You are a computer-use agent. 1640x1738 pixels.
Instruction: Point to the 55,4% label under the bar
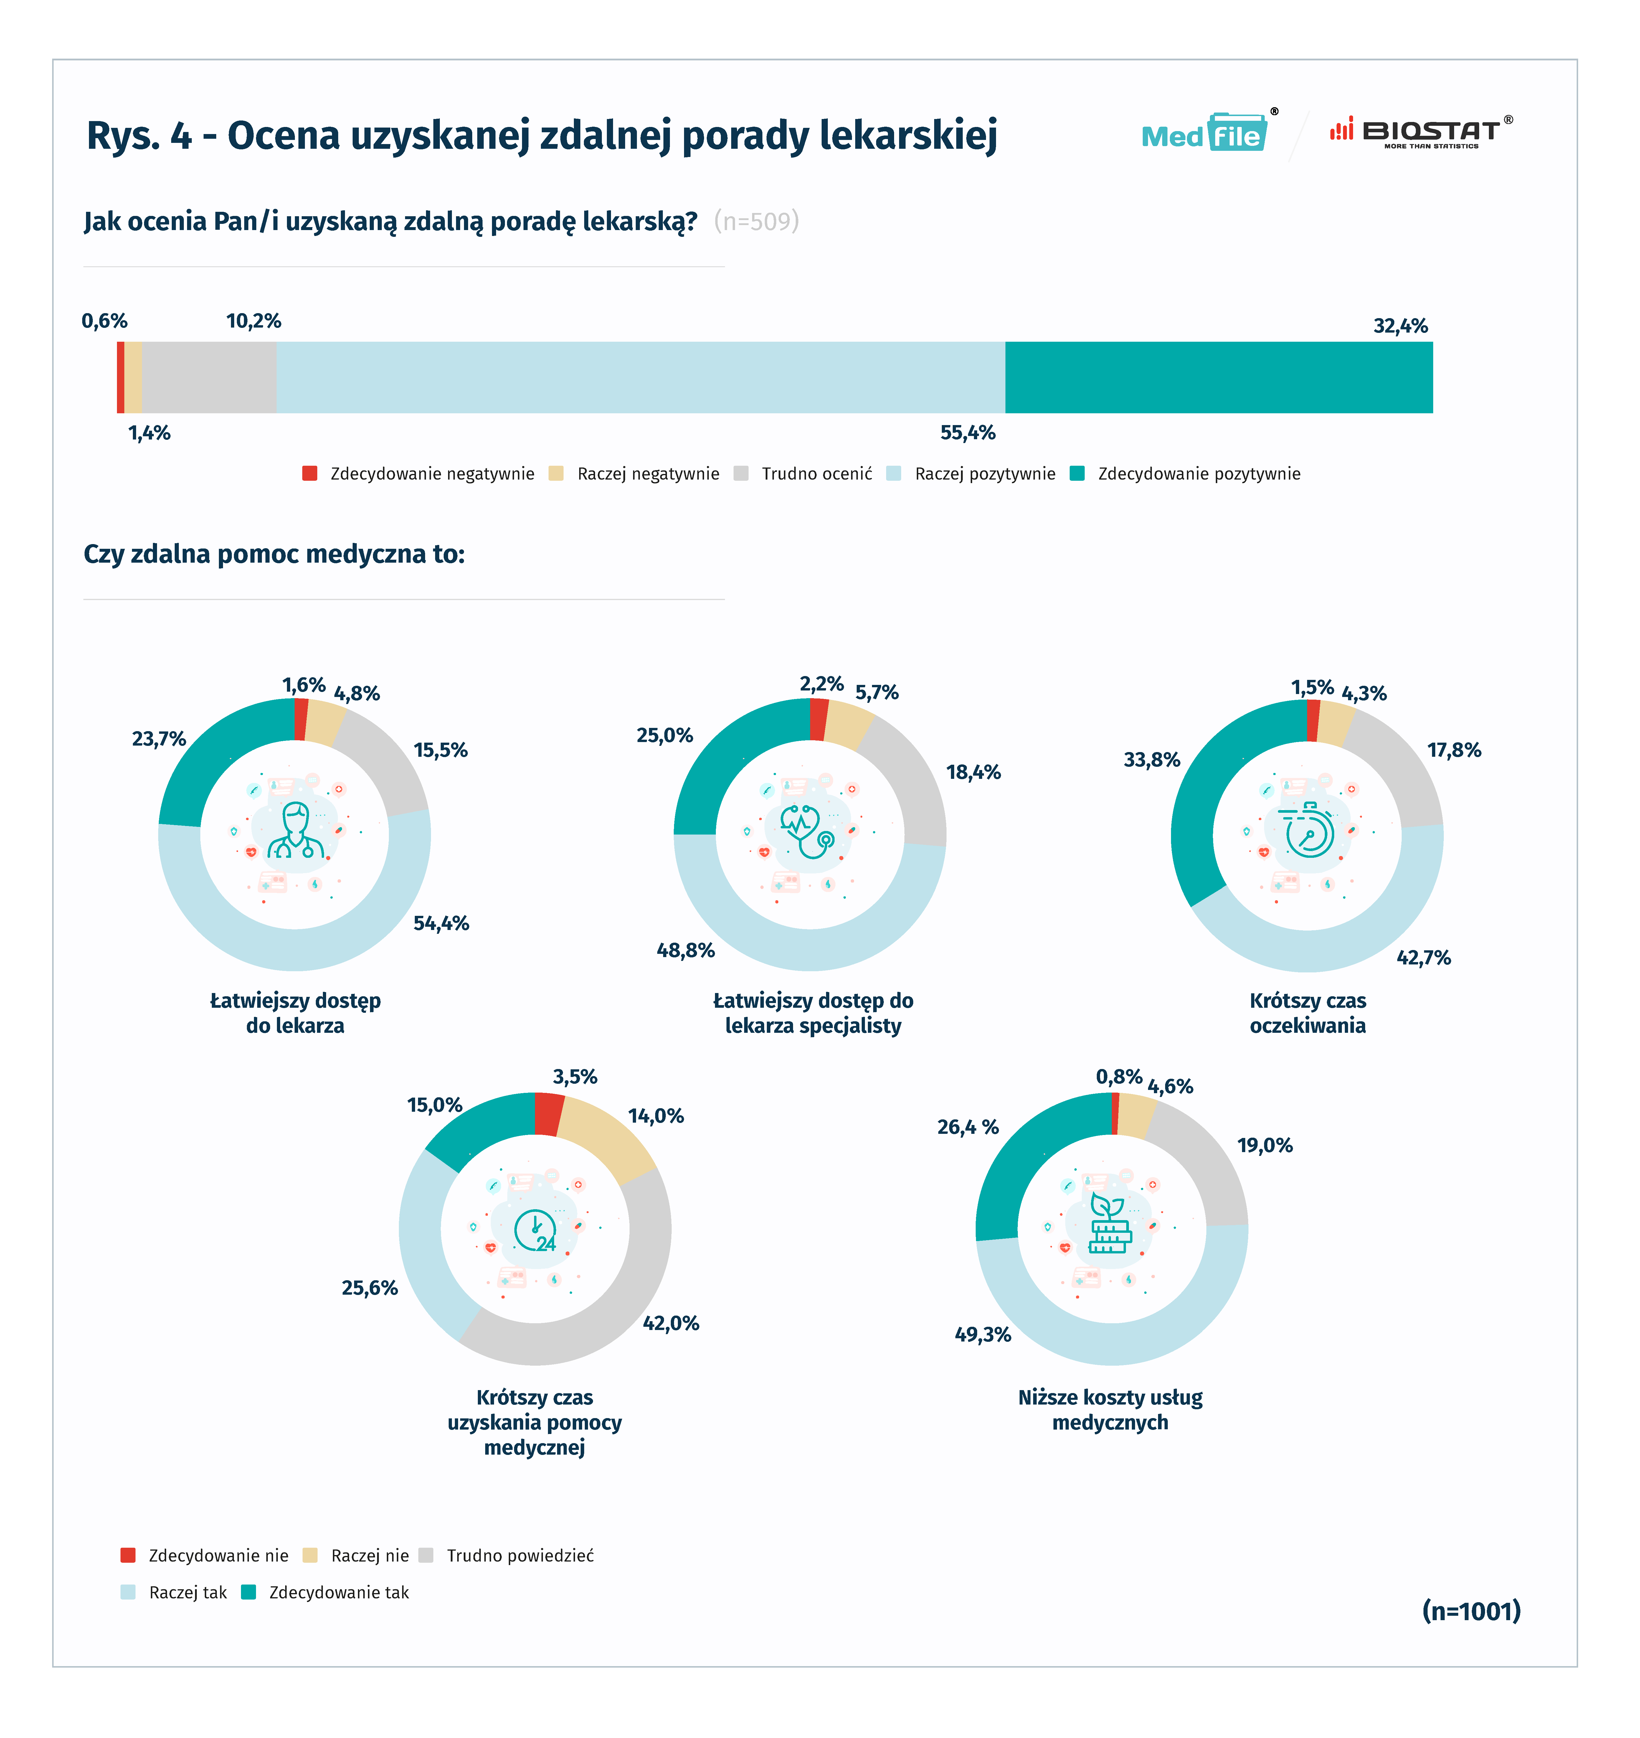[968, 433]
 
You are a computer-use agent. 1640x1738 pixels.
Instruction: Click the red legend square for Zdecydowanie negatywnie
[309, 474]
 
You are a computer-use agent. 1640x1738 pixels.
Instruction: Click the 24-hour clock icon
[535, 1230]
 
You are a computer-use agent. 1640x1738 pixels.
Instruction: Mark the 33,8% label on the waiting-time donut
[1151, 760]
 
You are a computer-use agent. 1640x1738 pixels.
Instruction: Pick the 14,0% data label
[656, 1116]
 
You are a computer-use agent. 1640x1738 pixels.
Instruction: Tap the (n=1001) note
[1471, 1610]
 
